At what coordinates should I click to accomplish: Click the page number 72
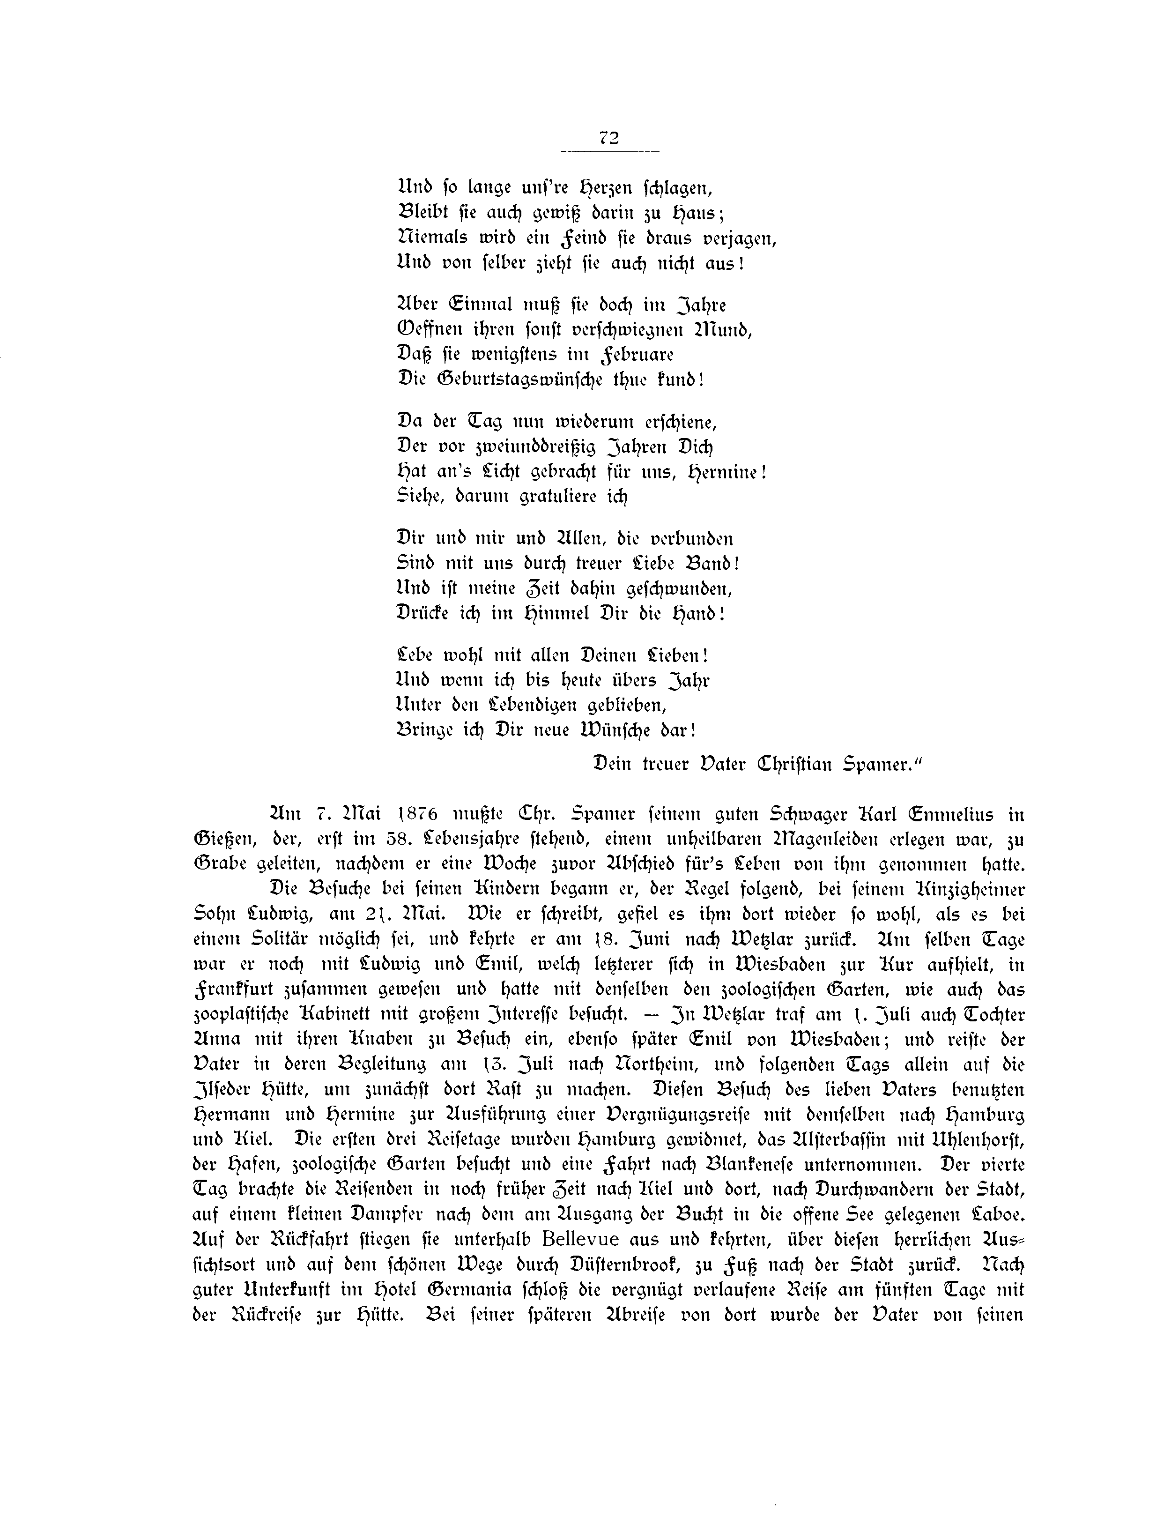tap(609, 137)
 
